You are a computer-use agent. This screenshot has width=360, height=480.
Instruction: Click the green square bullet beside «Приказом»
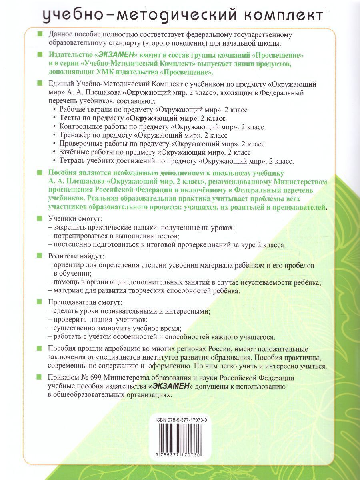(x=39, y=378)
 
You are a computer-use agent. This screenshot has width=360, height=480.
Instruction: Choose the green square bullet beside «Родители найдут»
(x=39, y=256)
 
